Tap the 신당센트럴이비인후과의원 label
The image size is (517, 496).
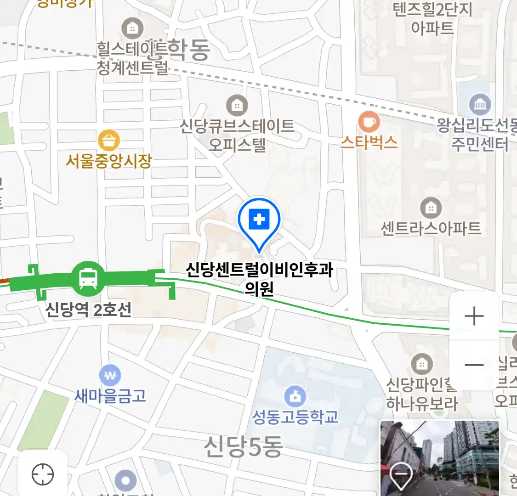click(259, 278)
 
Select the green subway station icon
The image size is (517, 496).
click(88, 277)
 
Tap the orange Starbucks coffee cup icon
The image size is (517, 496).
click(369, 122)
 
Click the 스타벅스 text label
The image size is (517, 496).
click(369, 142)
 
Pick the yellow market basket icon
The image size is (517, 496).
click(109, 140)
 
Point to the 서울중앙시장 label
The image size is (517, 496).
click(109, 161)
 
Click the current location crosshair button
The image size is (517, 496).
click(43, 474)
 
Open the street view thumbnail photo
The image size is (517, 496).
click(439, 457)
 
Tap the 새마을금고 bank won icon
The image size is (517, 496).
click(110, 376)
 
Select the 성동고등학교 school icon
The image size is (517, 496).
click(295, 396)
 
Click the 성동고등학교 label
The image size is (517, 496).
click(295, 417)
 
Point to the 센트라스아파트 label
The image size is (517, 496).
click(431, 228)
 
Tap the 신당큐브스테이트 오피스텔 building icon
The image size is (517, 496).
click(237, 106)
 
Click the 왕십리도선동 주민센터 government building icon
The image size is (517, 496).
click(480, 105)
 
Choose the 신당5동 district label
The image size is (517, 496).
click(244, 446)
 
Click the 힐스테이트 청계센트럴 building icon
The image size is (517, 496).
click(132, 29)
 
